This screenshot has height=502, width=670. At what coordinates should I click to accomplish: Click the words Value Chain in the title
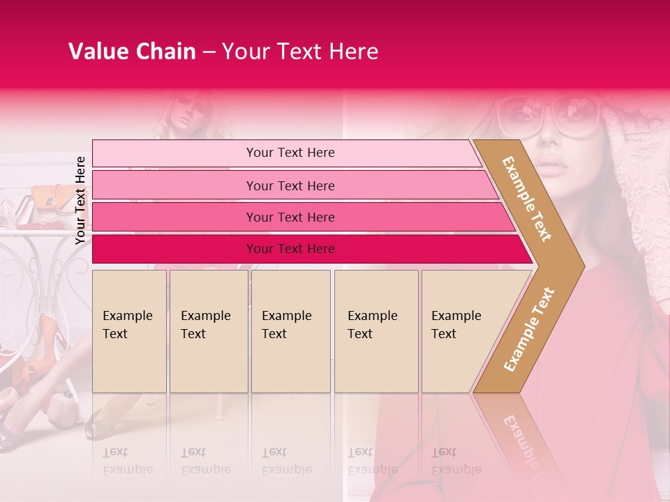132,52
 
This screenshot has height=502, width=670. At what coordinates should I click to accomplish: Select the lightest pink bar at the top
290,153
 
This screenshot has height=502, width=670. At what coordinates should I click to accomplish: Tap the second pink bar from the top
290,185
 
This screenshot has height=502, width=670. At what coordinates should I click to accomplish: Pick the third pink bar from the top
290,217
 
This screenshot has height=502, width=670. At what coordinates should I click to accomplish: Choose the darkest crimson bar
290,249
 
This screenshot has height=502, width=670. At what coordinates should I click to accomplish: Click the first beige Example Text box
129,330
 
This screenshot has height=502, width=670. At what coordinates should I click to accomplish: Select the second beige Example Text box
208,330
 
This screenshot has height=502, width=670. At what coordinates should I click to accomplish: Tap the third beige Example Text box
290,330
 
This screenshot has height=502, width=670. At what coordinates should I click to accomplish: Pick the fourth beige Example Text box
375,330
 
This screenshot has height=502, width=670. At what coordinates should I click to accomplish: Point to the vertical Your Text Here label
81,200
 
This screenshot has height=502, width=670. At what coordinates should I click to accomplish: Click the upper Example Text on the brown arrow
527,199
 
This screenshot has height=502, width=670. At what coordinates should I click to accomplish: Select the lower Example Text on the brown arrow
530,329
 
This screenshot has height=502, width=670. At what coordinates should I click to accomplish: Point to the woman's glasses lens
578,116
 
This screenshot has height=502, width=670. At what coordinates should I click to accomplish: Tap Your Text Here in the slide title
300,52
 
